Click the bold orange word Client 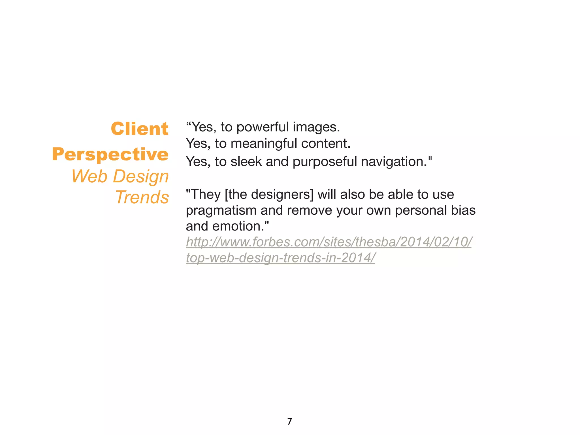(x=140, y=129)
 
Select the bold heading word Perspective (x=110, y=155)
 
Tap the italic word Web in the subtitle (x=89, y=176)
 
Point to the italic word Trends (x=142, y=197)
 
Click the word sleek (x=246, y=162)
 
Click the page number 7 (x=289, y=421)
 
